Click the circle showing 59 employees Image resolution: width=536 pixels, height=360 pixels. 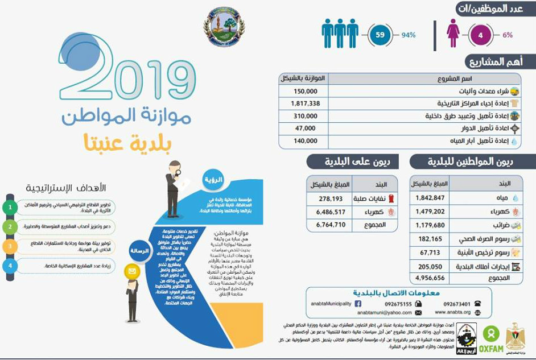pyautogui.click(x=381, y=35)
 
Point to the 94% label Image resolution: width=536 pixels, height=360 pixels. pyautogui.click(x=409, y=35)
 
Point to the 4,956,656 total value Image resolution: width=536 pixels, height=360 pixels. pyautogui.click(x=431, y=278)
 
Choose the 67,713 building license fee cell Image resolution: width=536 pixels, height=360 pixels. pyautogui.click(x=431, y=252)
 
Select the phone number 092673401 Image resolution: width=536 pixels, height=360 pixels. pyautogui.click(x=455, y=304)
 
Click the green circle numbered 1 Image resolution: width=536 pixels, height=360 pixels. pyautogui.click(x=10, y=207)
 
